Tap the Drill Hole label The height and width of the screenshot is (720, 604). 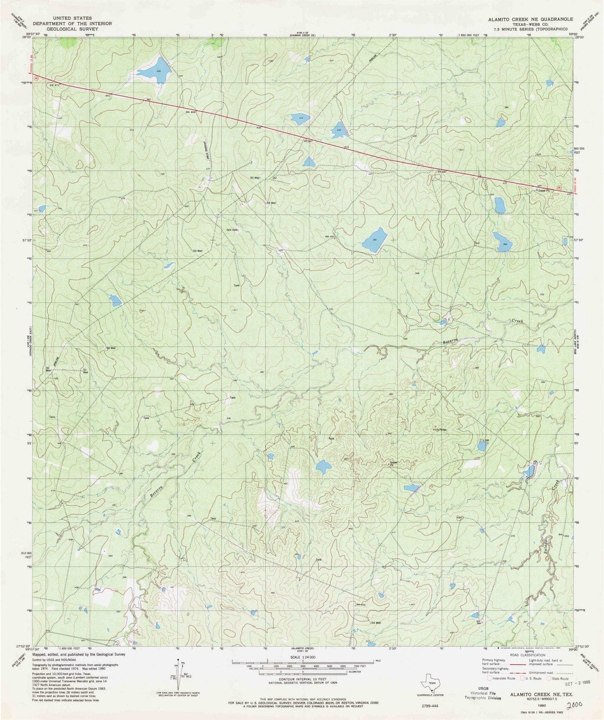232,230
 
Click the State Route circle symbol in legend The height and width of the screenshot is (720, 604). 549,678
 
